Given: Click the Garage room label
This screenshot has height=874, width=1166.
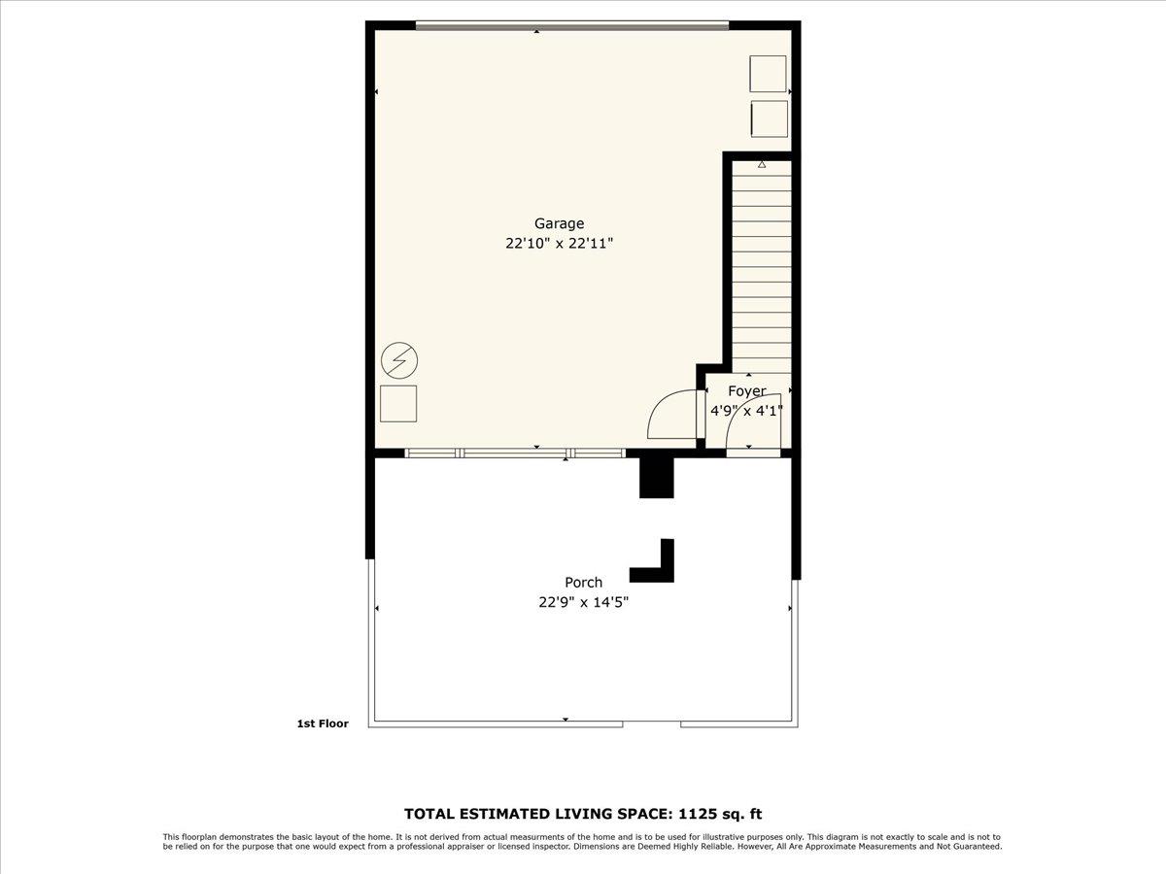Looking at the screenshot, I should (559, 223).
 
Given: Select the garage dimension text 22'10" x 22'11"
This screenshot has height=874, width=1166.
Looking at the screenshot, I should (559, 244).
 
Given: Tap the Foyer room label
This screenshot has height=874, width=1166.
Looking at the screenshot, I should (747, 391).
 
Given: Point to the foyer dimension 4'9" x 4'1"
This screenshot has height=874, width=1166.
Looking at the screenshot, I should (746, 411).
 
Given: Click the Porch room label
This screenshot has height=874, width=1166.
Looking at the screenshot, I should (584, 583).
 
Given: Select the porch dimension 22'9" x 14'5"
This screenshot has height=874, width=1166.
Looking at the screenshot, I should (584, 602).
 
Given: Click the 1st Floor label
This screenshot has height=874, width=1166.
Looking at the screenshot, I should (322, 723).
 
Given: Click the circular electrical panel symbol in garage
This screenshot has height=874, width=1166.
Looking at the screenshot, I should (398, 361).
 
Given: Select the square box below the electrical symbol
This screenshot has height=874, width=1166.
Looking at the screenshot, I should (398, 403).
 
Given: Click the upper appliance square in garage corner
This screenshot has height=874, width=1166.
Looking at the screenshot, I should (768, 74).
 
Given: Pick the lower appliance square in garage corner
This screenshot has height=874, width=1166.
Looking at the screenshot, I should (769, 118).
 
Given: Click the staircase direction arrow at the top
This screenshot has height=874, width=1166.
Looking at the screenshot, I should (762, 166).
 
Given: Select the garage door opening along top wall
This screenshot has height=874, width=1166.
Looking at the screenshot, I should (571, 26).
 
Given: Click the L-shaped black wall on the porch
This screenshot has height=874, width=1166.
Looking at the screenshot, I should (656, 567).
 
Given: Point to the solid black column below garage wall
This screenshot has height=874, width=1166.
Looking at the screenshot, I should (656, 477).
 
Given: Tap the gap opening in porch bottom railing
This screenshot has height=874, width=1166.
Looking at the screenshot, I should (651, 723).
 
